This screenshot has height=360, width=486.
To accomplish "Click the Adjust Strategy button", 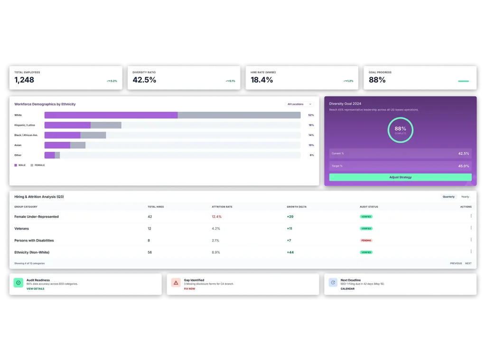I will pos(400,177).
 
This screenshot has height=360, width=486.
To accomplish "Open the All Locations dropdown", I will pos(299,104).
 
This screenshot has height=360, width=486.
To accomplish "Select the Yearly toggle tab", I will pos(465,196).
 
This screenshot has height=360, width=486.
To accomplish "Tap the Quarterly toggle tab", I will pos(449,196).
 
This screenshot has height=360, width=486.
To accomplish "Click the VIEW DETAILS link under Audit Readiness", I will pos(35,288).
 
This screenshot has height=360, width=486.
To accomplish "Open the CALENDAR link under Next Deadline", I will pos(347,288).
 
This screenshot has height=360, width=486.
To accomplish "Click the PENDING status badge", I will pos(366,240).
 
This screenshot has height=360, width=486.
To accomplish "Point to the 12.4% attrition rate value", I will pos(216,217).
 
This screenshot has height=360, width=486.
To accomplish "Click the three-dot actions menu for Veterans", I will pos(471,228).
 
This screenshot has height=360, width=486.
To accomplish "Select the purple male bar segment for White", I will pos(111,115).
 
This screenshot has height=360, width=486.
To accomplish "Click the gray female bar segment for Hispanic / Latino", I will pos(106,125).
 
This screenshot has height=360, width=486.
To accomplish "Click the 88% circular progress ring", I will pos(400,130).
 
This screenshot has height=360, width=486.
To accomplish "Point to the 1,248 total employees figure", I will pos(24,80).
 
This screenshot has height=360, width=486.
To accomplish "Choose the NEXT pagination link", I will pos(468,263).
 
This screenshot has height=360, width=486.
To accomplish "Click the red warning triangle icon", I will pos(176,283).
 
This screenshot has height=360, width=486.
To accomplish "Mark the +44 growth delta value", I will pos(290,252).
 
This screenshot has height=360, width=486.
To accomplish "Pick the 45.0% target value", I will pos(463,166).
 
